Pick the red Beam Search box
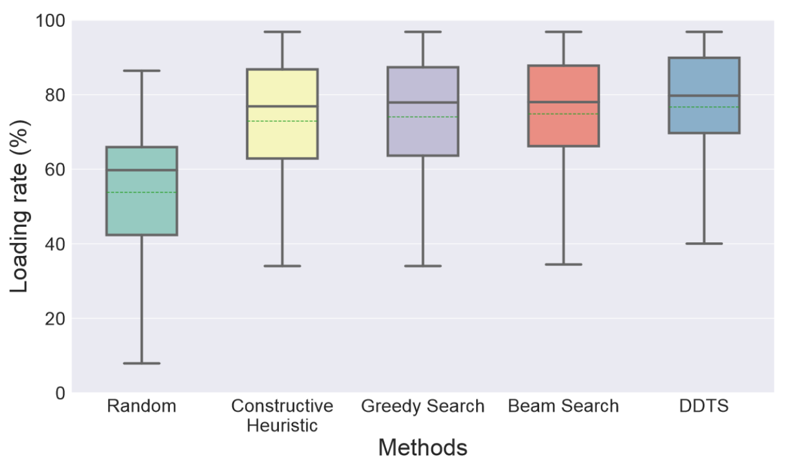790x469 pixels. [x=563, y=131]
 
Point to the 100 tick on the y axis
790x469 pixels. [x=52, y=21]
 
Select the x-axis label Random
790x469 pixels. [x=141, y=407]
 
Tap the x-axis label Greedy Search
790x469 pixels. [x=423, y=407]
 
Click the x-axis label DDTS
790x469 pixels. [x=704, y=407]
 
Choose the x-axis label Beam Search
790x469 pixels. [x=563, y=407]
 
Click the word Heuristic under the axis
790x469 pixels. [x=282, y=426]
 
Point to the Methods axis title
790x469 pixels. [x=423, y=448]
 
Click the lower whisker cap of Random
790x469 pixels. [x=141, y=363]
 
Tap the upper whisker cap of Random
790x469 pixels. [x=141, y=71]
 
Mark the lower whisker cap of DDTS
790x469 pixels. [x=704, y=244]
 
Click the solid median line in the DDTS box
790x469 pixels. [x=704, y=95]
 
